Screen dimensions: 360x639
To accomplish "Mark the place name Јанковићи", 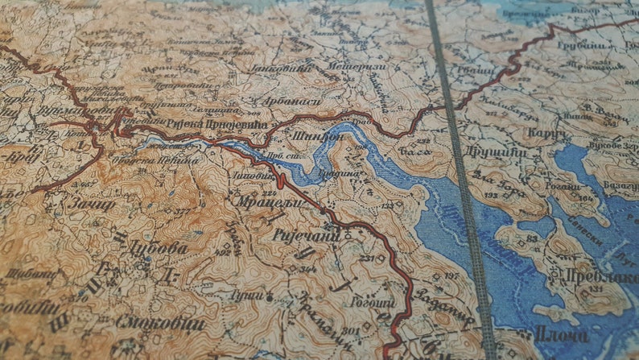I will click(287, 70).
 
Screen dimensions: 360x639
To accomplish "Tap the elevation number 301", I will click(349, 331).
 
